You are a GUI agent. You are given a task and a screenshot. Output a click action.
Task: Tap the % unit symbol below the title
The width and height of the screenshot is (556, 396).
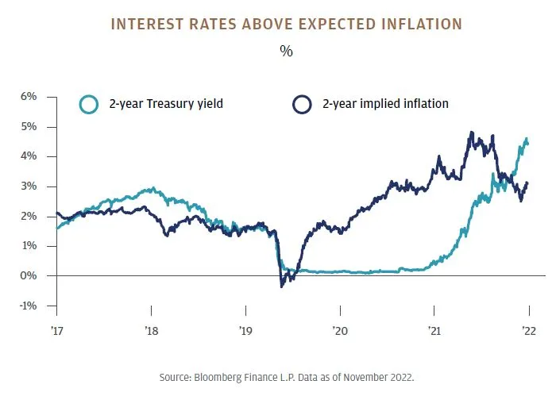click(x=285, y=52)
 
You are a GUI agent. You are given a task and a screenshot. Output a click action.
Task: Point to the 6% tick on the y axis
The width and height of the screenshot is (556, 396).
click(x=29, y=97)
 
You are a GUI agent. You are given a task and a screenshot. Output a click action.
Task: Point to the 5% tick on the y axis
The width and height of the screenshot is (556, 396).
click(x=29, y=127)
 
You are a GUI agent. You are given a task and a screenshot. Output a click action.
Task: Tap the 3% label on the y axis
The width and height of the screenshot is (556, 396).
click(x=29, y=186)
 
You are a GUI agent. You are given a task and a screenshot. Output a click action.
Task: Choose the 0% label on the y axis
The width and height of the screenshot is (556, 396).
click(x=29, y=276)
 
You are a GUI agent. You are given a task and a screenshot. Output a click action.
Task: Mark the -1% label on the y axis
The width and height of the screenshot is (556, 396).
click(x=28, y=306)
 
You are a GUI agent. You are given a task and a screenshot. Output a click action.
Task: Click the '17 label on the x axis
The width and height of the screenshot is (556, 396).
click(x=57, y=332)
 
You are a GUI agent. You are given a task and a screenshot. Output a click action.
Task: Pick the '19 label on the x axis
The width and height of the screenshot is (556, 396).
click(x=245, y=332)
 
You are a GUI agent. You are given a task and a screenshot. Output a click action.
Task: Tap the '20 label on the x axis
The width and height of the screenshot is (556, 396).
click(x=340, y=332)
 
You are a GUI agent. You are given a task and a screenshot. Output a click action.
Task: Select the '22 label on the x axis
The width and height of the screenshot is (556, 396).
click(x=528, y=332)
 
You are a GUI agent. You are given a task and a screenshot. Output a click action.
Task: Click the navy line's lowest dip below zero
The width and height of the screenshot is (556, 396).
click(x=282, y=286)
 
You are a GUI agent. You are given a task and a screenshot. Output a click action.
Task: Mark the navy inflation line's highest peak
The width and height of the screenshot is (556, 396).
click(x=472, y=133)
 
